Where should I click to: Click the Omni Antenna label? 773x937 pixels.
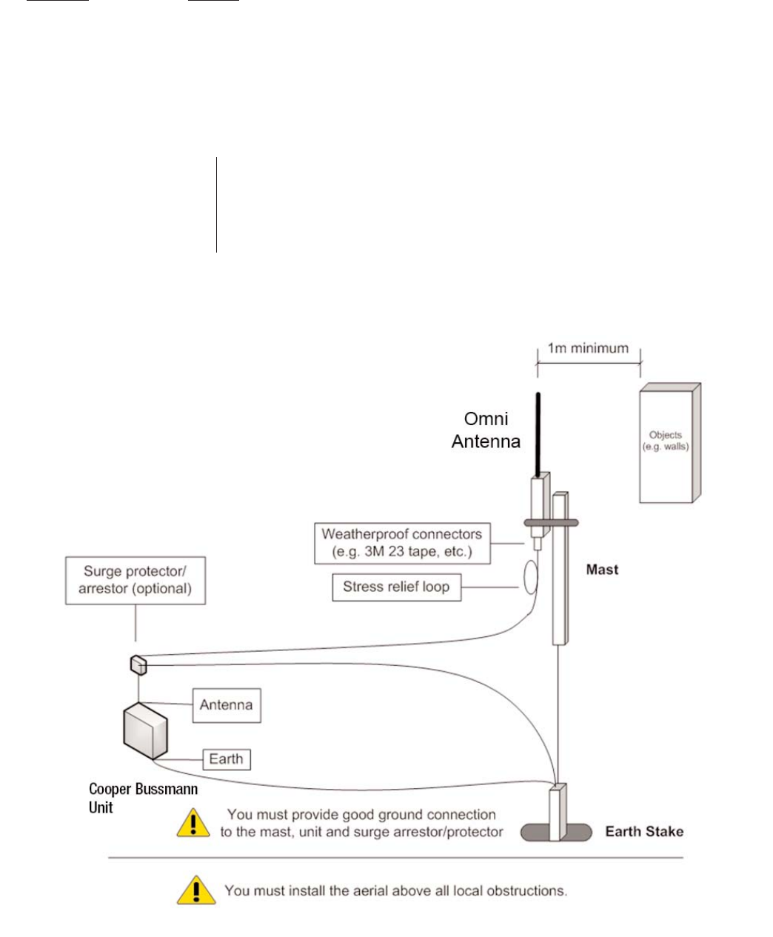486,430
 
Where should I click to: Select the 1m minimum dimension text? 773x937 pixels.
588,348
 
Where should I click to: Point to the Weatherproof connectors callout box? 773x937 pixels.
401,543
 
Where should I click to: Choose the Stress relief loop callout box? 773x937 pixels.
396,587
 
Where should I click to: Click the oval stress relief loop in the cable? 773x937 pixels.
528,578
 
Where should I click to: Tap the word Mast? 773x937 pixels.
602,570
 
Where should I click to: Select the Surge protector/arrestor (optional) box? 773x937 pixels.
135,581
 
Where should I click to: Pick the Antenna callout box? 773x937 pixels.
227,705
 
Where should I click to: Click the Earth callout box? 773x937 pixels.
227,759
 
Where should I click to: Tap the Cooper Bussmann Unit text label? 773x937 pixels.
143,798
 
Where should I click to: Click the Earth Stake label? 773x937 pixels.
643,831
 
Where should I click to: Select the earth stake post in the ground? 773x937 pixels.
557,813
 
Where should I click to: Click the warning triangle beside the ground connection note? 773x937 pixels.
193,823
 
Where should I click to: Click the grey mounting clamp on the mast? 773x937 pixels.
551,523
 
